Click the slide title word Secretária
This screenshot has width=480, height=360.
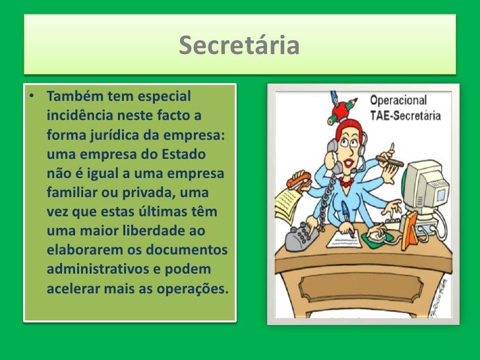point(239,46)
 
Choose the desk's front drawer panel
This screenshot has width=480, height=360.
point(360,284)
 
